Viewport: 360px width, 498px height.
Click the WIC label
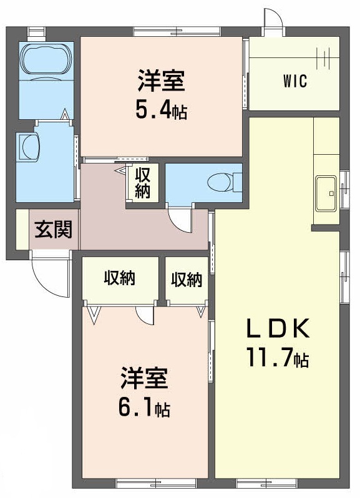click(x=294, y=82)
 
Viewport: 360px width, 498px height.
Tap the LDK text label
click(x=276, y=328)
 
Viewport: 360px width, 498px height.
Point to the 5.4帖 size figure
click(x=161, y=110)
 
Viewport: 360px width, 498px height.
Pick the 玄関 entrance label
click(x=52, y=230)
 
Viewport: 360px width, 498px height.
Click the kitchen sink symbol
click(x=326, y=193)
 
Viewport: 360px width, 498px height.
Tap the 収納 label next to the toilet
click(x=143, y=182)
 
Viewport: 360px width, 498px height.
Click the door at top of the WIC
click(x=273, y=21)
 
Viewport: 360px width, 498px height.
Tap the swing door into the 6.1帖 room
click(x=145, y=316)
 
